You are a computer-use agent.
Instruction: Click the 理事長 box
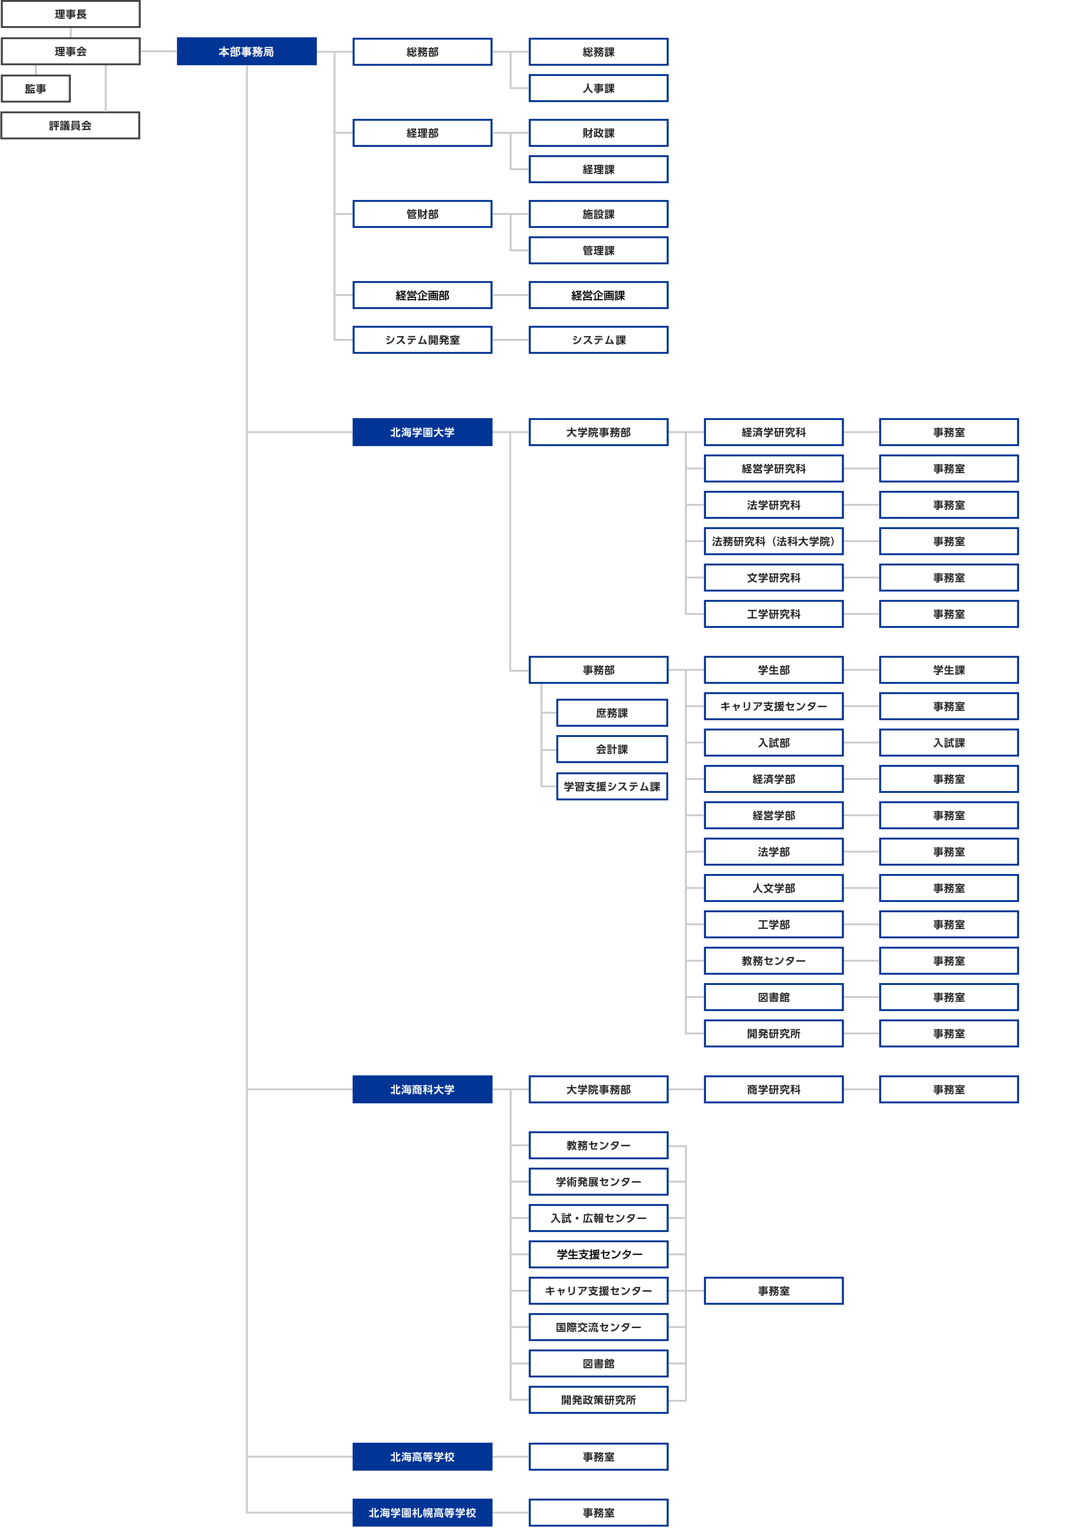click(x=70, y=14)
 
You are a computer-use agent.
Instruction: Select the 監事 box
click(x=36, y=89)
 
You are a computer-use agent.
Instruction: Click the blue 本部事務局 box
click(x=247, y=51)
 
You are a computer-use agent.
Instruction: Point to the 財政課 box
click(x=599, y=133)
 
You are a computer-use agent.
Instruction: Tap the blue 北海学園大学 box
click(x=423, y=433)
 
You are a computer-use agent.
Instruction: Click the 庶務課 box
click(x=612, y=713)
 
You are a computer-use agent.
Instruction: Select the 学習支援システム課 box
click(x=612, y=786)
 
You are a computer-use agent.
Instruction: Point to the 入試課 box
click(x=949, y=743)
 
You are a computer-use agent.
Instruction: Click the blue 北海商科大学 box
click(x=423, y=1089)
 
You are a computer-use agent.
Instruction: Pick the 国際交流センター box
click(x=599, y=1327)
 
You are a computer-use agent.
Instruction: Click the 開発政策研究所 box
click(x=599, y=1399)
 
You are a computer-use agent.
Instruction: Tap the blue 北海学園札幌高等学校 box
click(x=423, y=1513)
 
